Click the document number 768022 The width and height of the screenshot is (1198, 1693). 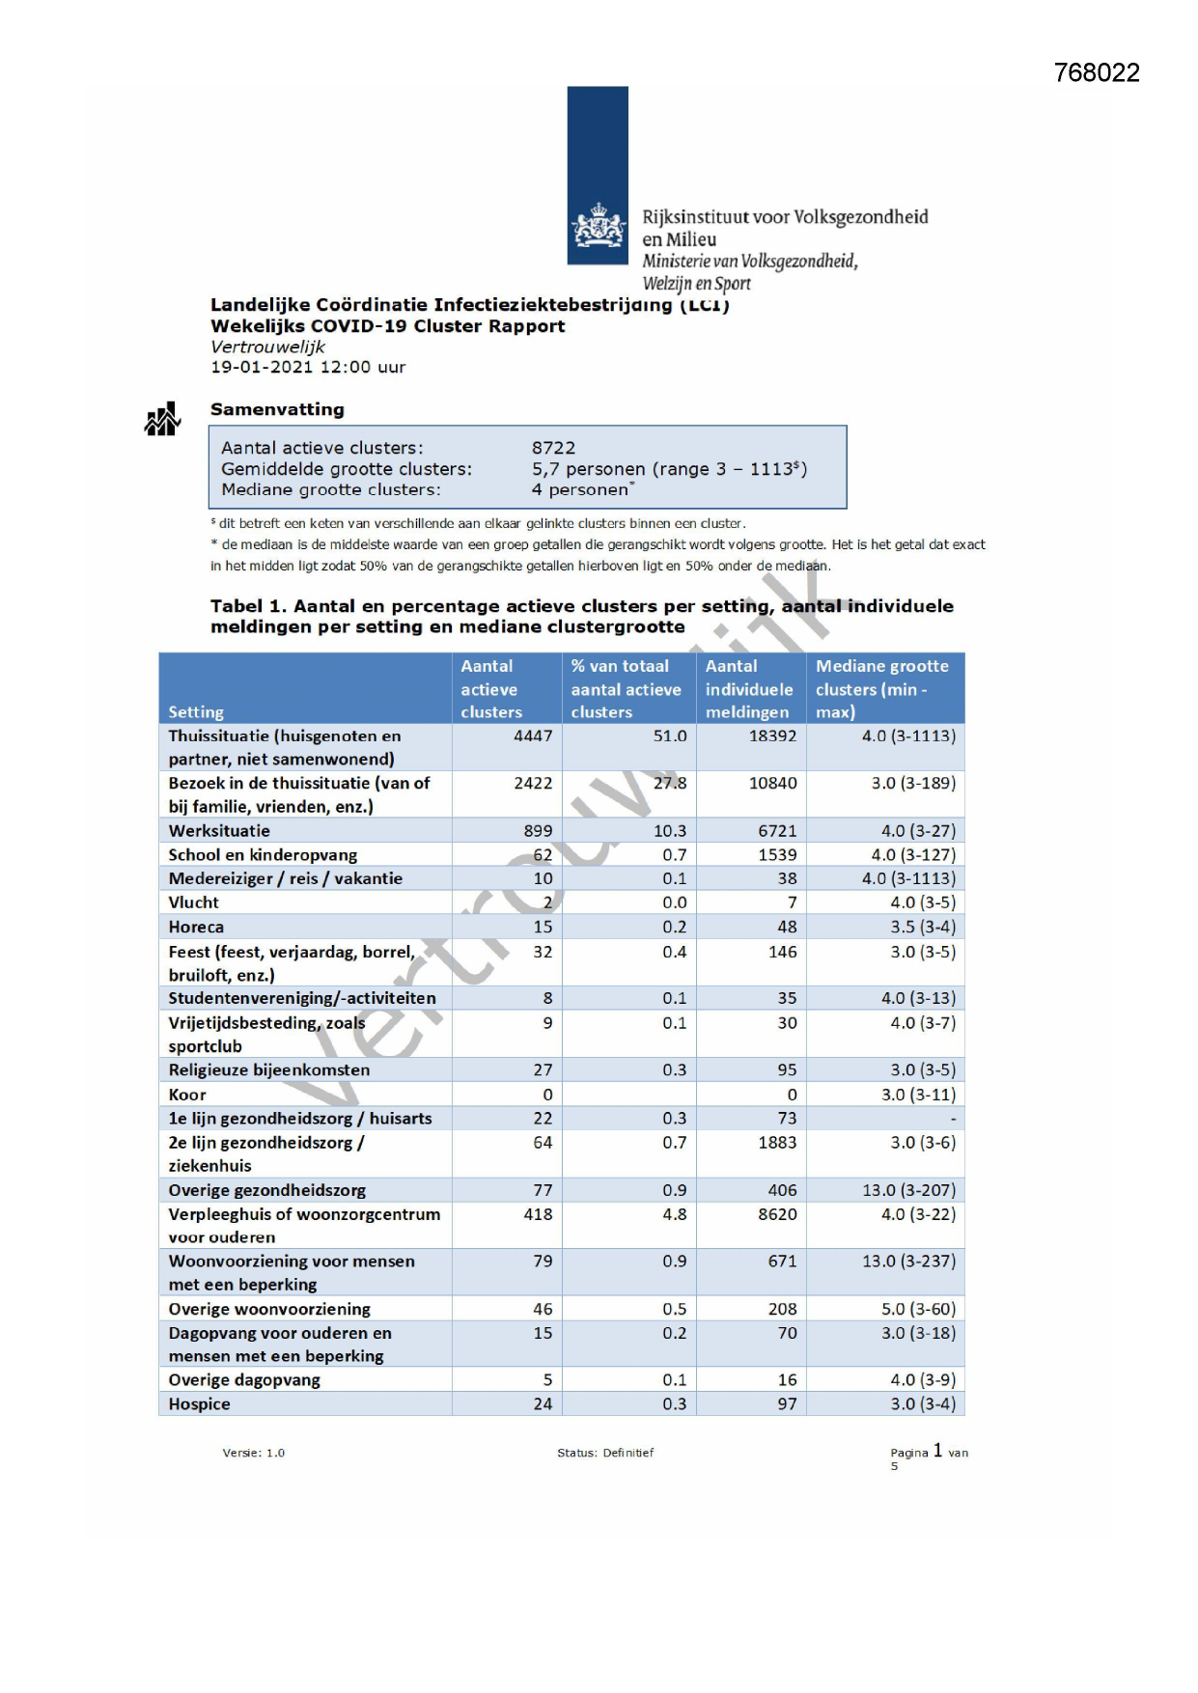pyautogui.click(x=1097, y=73)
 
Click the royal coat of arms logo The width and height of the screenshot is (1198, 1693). pyautogui.click(x=599, y=227)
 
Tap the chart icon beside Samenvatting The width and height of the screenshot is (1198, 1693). pyautogui.click(x=162, y=420)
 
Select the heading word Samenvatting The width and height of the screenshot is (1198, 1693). pyautogui.click(x=277, y=409)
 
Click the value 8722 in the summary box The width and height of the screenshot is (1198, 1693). pyautogui.click(x=553, y=448)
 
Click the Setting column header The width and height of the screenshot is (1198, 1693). pyautogui.click(x=196, y=712)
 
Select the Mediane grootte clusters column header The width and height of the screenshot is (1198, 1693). pyautogui.click(x=881, y=688)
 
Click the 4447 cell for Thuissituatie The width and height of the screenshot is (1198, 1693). pyautogui.click(x=533, y=736)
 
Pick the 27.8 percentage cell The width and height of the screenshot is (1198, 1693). pyautogui.click(x=669, y=783)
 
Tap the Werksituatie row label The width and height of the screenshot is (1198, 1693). pyautogui.click(x=219, y=831)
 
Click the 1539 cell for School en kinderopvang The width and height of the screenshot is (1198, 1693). pyautogui.click(x=777, y=855)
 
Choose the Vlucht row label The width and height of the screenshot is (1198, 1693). pyautogui.click(x=193, y=902)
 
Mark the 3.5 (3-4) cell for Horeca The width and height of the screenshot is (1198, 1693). pyautogui.click(x=922, y=927)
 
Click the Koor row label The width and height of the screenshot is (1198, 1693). pyautogui.click(x=187, y=1095)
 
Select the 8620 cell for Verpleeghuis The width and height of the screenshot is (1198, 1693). pyautogui.click(x=777, y=1214)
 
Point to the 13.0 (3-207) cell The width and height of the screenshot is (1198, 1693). pyautogui.click(x=908, y=1190)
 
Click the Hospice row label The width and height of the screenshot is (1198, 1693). pyautogui.click(x=199, y=1404)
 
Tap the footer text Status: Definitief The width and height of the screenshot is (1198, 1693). pyautogui.click(x=605, y=1453)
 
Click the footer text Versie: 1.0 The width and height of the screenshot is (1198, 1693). pyautogui.click(x=253, y=1453)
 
